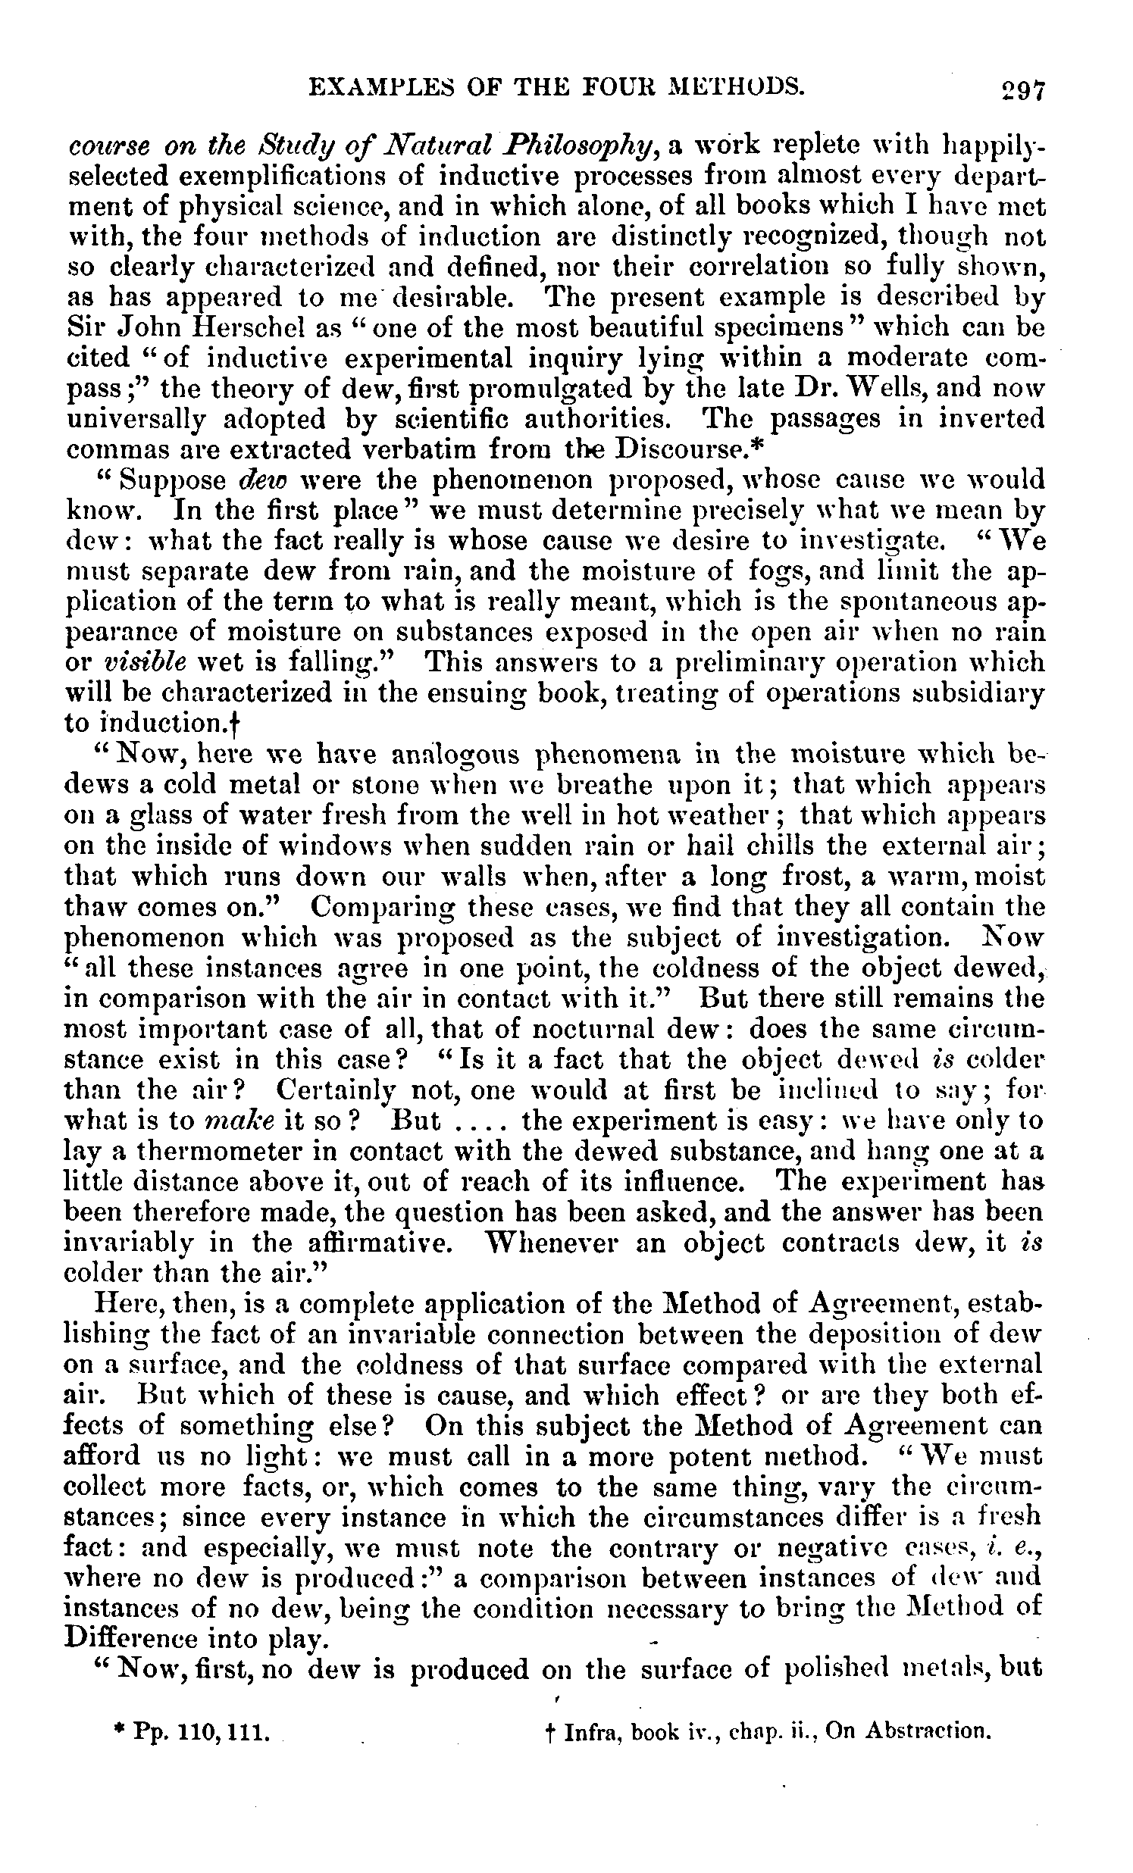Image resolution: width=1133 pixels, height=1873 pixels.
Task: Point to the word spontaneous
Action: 913,602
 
